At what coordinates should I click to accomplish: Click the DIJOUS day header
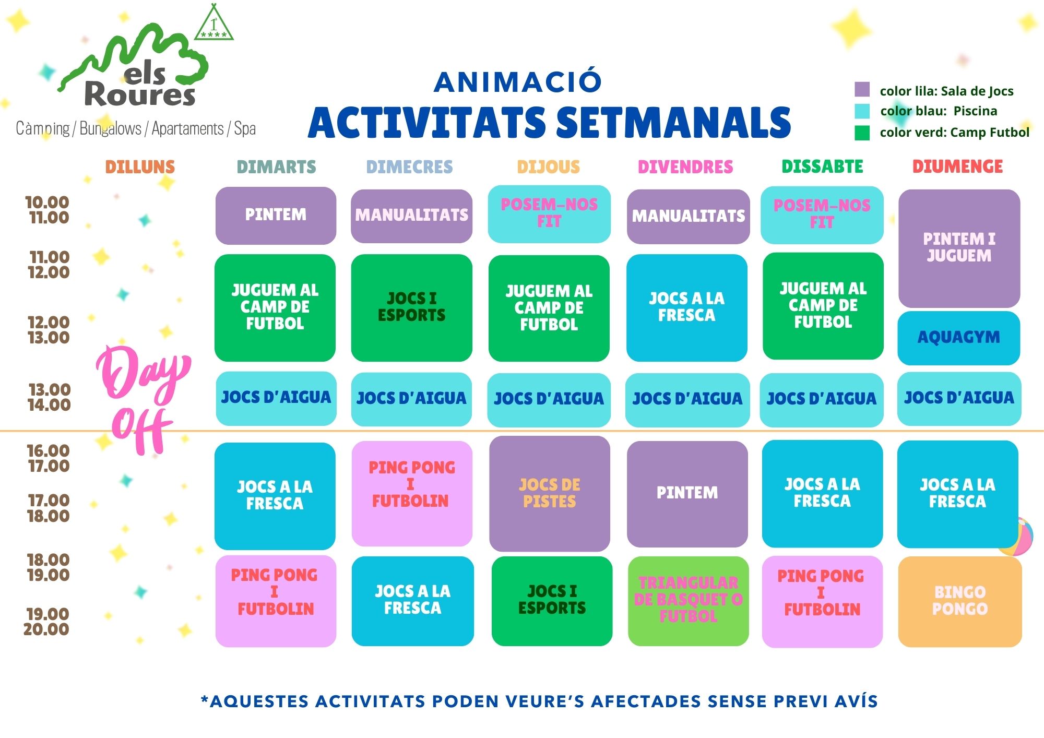(548, 166)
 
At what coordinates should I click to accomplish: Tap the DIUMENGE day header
(957, 166)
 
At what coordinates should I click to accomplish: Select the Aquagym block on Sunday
(959, 338)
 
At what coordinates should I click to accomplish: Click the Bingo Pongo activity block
(960, 601)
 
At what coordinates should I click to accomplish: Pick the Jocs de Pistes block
(550, 493)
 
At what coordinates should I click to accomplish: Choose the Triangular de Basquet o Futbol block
(688, 601)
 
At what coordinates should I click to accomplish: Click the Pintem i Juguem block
(959, 248)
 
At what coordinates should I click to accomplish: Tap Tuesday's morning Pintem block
(276, 216)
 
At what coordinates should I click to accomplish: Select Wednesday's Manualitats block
(411, 216)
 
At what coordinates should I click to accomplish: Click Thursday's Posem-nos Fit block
(549, 214)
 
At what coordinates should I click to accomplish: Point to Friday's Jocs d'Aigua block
(687, 399)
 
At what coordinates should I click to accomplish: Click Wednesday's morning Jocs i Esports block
(411, 307)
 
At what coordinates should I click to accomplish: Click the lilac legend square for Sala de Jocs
(862, 89)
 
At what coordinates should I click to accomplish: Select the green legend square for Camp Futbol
(862, 133)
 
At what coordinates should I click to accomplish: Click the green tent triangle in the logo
(214, 23)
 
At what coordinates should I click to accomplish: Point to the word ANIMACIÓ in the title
(518, 82)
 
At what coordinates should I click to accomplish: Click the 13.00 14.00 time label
(49, 397)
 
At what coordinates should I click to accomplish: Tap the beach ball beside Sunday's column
(1016, 537)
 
